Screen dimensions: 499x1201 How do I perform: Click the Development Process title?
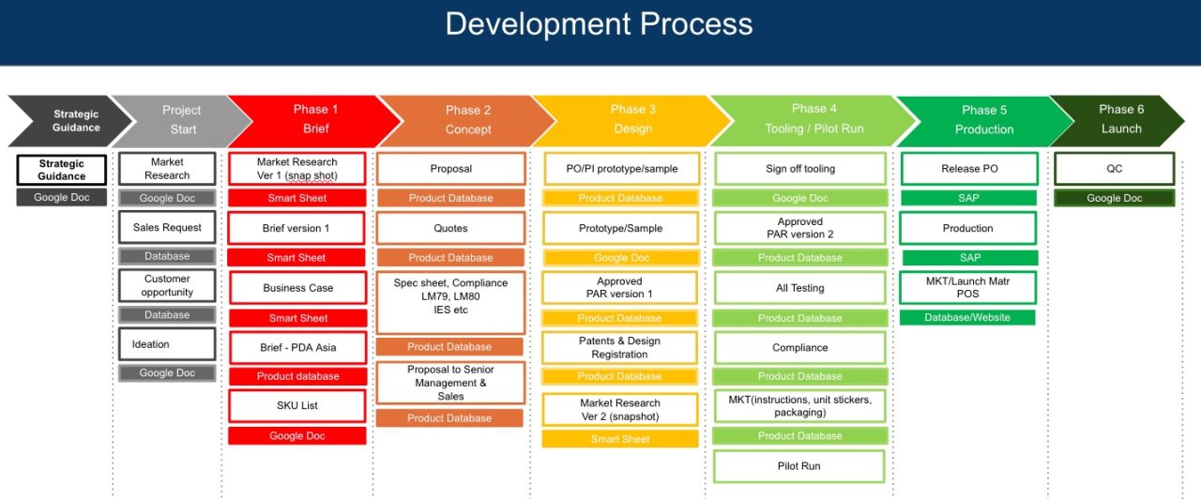[x=599, y=24]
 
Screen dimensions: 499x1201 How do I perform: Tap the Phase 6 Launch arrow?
[x=1117, y=120]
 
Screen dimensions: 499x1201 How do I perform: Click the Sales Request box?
[x=167, y=228]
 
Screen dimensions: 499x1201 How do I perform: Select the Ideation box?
[x=167, y=344]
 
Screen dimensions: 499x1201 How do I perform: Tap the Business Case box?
[x=296, y=288]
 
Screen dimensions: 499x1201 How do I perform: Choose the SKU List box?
[x=296, y=406]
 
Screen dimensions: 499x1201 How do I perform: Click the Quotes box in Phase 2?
[x=450, y=228]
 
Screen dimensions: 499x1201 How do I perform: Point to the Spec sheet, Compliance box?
[x=450, y=302]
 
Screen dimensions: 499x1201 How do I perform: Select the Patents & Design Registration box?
[x=619, y=348]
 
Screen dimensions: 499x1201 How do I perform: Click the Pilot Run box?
[x=799, y=466]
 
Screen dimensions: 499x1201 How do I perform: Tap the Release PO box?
[x=969, y=169]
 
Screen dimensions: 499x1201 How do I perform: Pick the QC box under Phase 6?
[x=1114, y=169]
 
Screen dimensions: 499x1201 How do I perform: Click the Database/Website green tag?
[x=967, y=318]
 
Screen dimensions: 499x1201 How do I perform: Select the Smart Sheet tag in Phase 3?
[x=619, y=439]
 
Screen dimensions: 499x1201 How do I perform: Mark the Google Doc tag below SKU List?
[x=296, y=436]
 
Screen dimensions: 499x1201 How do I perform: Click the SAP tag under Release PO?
[x=969, y=198]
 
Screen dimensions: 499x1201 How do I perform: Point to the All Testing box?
[x=799, y=288]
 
